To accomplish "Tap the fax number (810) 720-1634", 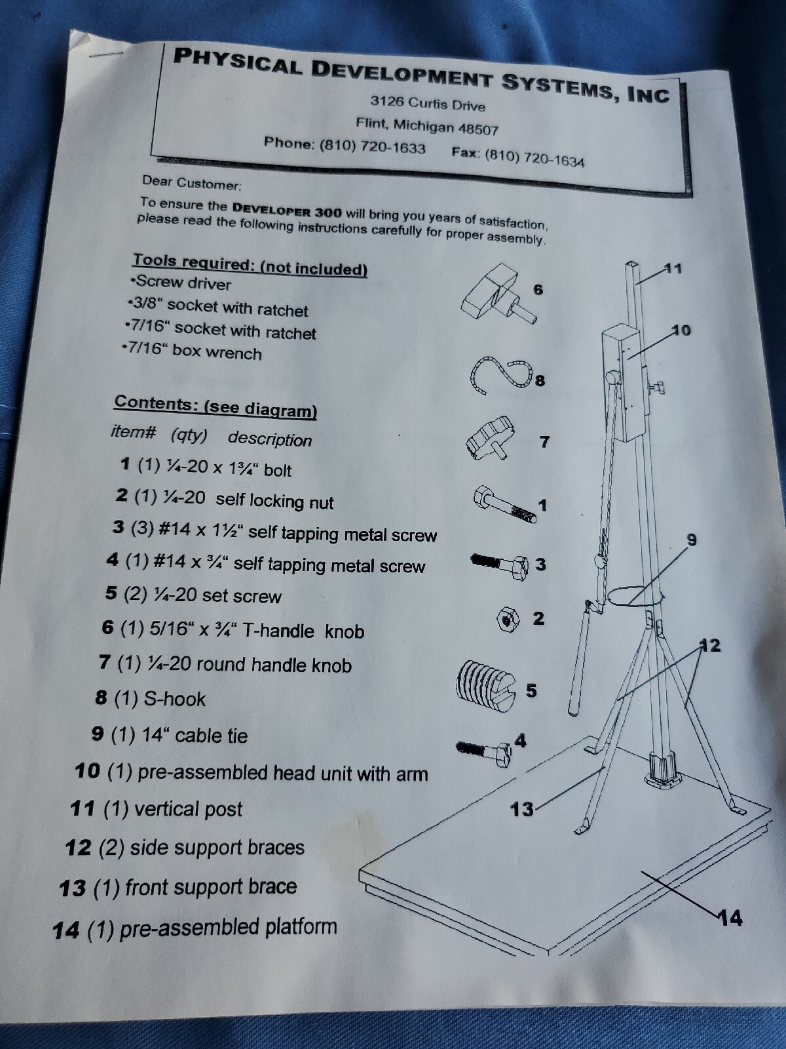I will (x=534, y=157).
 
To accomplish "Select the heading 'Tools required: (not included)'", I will (x=250, y=264).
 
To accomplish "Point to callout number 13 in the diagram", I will (x=522, y=809).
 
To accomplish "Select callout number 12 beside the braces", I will (x=711, y=646).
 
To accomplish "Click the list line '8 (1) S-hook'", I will (x=151, y=698).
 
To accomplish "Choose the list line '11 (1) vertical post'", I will (x=157, y=809).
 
